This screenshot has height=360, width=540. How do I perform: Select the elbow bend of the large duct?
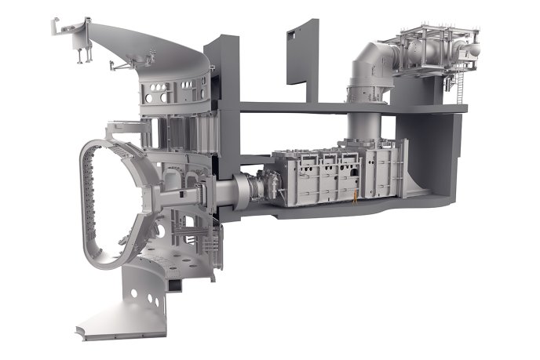(x=367, y=60)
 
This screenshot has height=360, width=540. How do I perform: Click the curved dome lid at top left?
(x=149, y=43)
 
